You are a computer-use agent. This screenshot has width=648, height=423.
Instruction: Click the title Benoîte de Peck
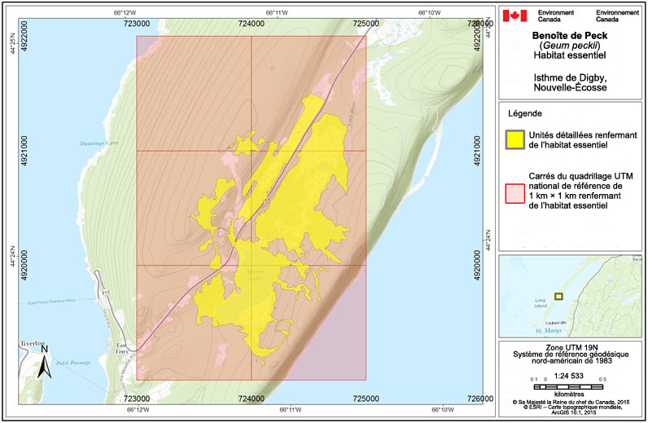tap(571, 36)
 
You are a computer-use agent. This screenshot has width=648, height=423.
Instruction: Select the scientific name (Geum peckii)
tap(571, 46)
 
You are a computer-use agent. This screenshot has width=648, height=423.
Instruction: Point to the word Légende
tap(525, 112)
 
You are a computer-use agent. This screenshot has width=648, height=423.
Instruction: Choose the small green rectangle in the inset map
tap(558, 296)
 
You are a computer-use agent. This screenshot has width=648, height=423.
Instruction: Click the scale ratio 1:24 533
tap(570, 375)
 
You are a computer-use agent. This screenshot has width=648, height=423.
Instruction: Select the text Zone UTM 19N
tap(570, 347)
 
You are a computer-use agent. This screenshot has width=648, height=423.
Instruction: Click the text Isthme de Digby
tap(570, 77)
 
